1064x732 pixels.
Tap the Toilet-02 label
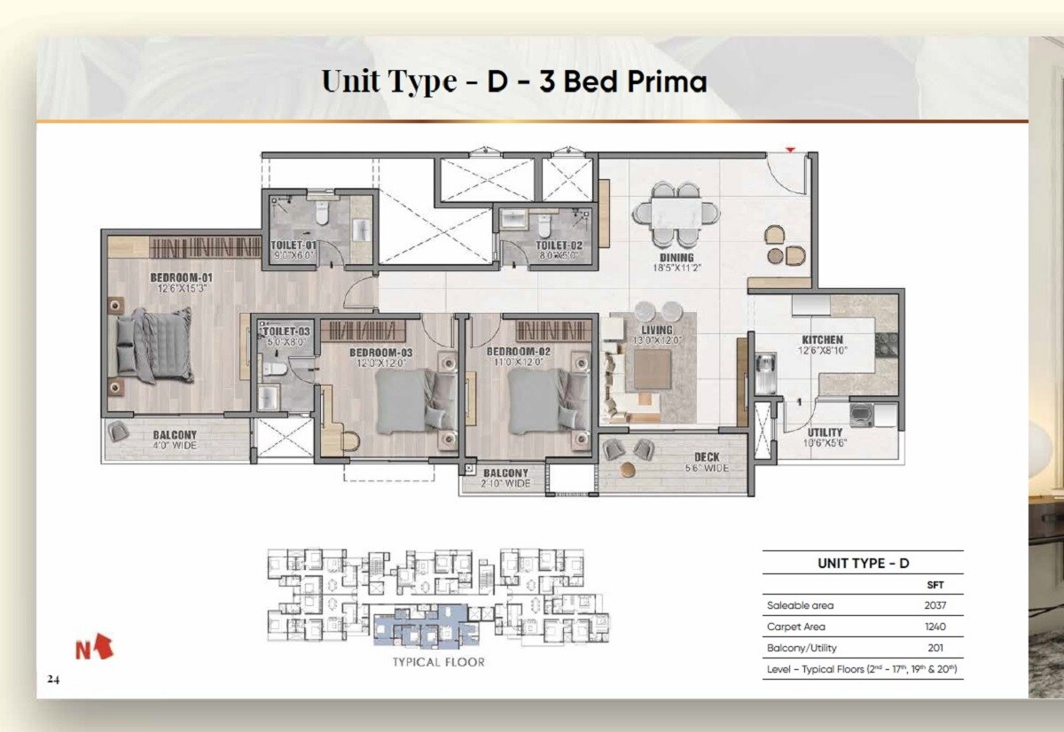pyautogui.click(x=559, y=245)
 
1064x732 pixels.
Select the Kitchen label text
pyautogui.click(x=822, y=339)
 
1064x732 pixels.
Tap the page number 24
pyautogui.click(x=54, y=680)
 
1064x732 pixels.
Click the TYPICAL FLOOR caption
pyautogui.click(x=438, y=661)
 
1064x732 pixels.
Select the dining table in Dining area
pyautogui.click(x=676, y=214)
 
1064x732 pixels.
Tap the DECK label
pyautogui.click(x=707, y=457)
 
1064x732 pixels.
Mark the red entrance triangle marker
pyautogui.click(x=789, y=150)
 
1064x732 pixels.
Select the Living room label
pyautogui.click(x=655, y=330)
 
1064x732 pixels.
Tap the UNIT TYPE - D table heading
pyautogui.click(x=863, y=564)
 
